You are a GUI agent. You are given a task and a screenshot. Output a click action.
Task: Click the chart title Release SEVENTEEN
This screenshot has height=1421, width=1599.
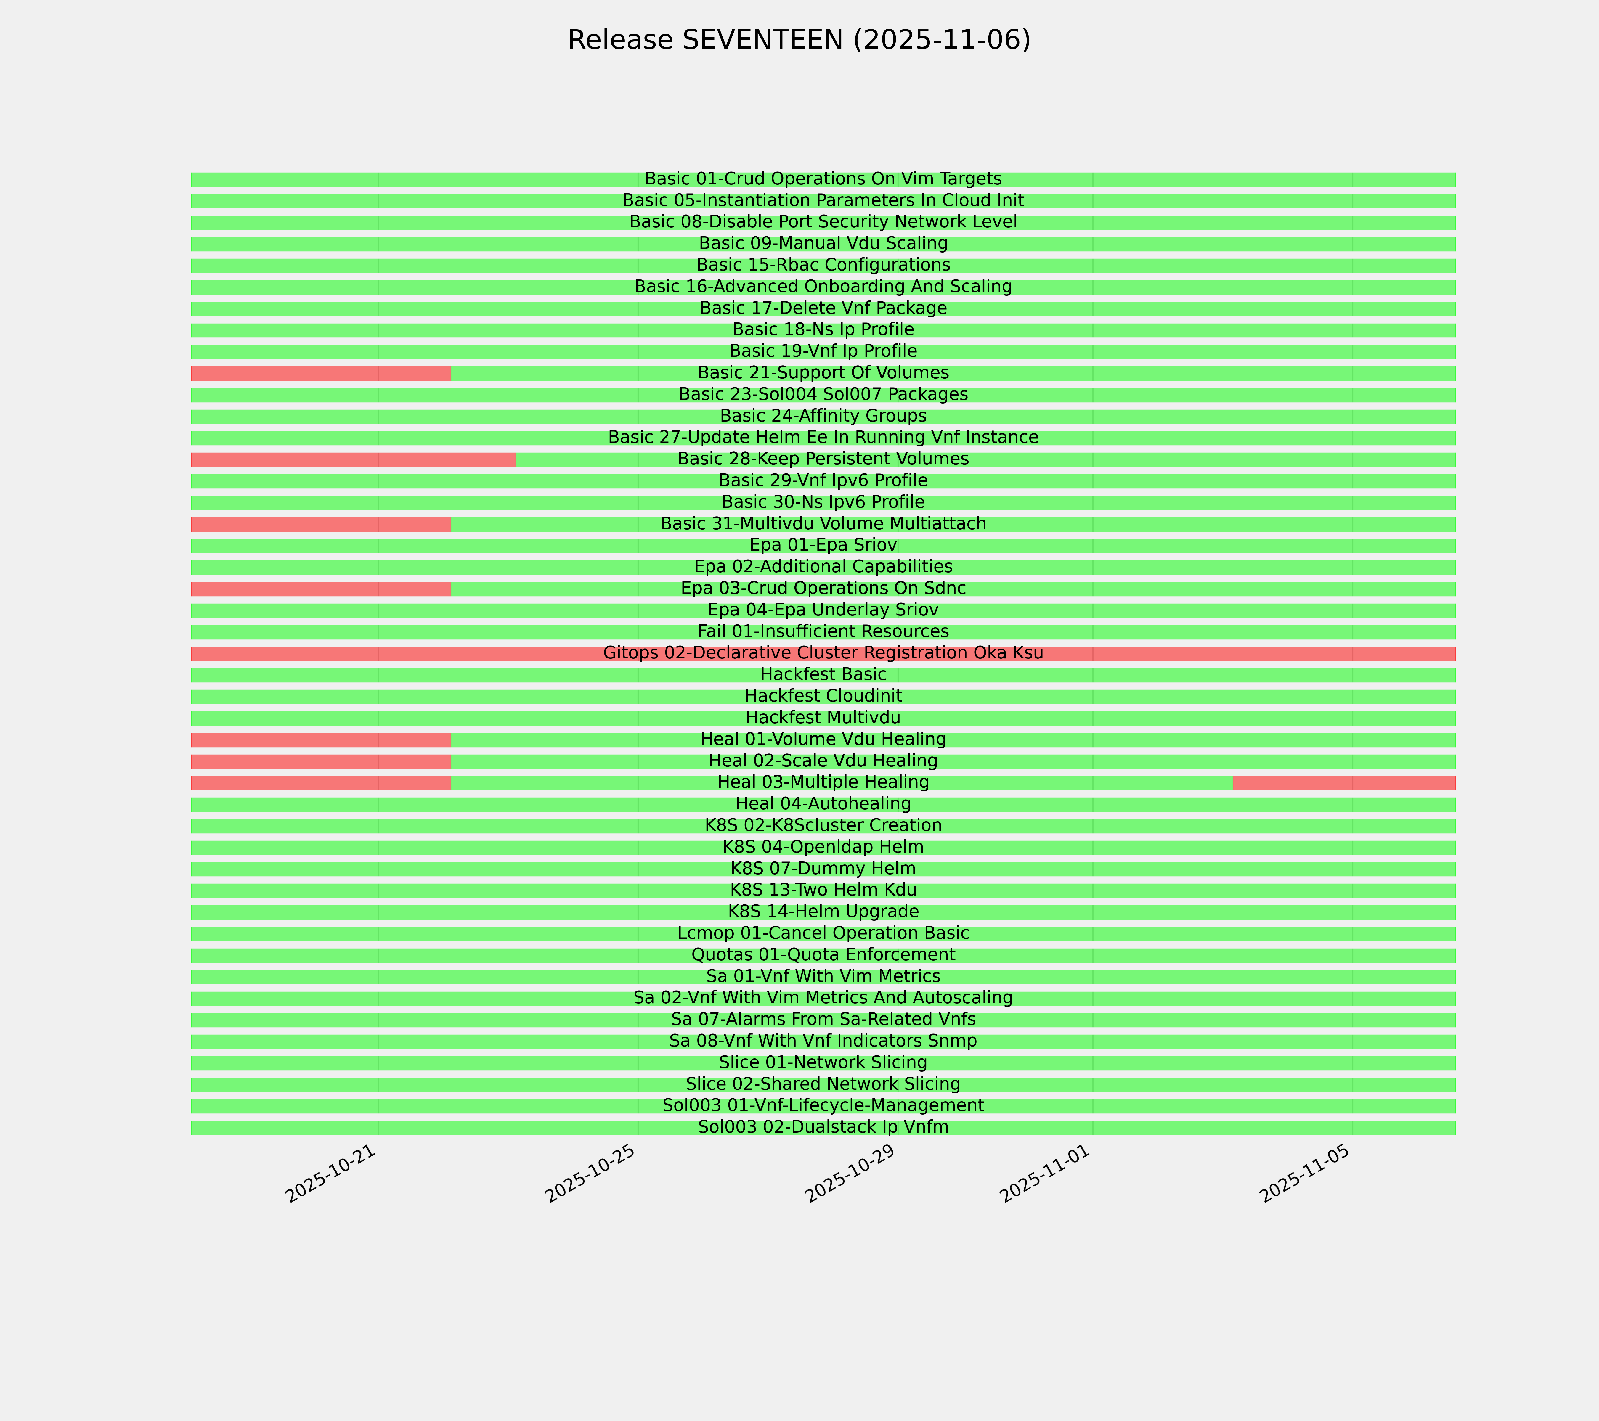click(799, 40)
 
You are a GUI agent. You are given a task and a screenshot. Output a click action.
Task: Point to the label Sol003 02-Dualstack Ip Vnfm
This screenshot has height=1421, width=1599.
click(823, 1127)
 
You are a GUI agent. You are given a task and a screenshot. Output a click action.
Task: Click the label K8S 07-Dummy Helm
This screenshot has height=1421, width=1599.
click(823, 868)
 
